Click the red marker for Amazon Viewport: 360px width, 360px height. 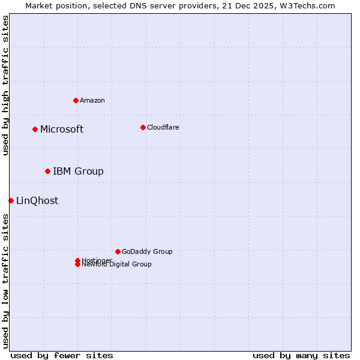pyautogui.click(x=76, y=100)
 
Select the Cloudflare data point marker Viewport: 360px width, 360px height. pyautogui.click(x=143, y=127)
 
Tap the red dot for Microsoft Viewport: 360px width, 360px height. pyautogui.click(x=35, y=129)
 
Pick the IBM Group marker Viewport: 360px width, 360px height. pyautogui.click(x=47, y=171)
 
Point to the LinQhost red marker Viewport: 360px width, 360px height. pyautogui.click(x=11, y=200)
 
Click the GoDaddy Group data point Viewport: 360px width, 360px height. pyautogui.click(x=118, y=251)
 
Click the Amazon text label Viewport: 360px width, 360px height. pyautogui.click(x=92, y=100)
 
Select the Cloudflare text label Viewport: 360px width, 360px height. pyautogui.click(x=163, y=127)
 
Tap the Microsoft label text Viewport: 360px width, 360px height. pyautogui.click(x=62, y=129)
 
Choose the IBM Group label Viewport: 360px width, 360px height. pyautogui.click(x=78, y=171)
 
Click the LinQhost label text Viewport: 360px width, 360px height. pyautogui.click(x=37, y=200)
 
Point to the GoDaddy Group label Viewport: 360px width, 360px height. pyautogui.click(x=147, y=251)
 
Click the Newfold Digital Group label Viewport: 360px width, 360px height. pyautogui.click(x=116, y=265)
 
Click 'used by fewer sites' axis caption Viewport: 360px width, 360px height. pyautogui.click(x=62, y=355)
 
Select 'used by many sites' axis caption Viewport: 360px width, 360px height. pyautogui.click(x=301, y=355)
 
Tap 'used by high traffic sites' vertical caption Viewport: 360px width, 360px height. pyautogui.click(x=5, y=85)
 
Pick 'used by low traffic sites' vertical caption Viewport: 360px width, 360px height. pyautogui.click(x=5, y=281)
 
